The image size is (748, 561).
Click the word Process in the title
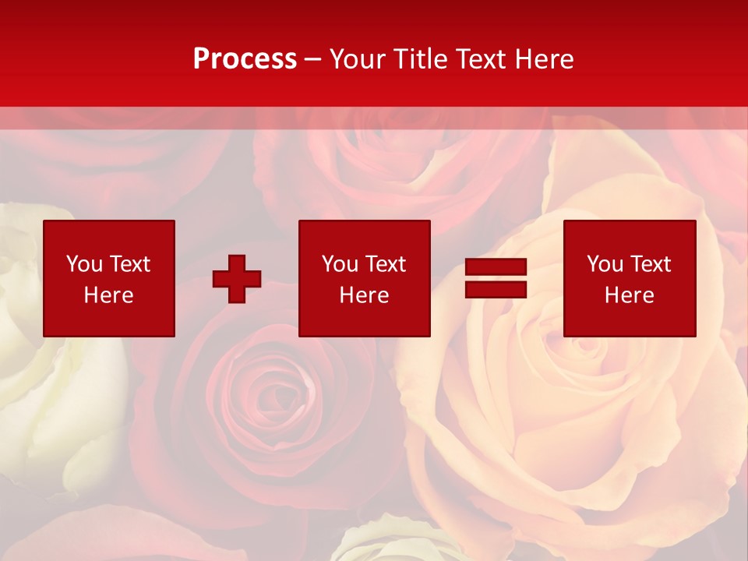point(245,59)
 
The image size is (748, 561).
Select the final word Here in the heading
point(545,59)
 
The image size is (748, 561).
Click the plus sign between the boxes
point(237,279)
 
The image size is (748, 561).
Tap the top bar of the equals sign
point(496,267)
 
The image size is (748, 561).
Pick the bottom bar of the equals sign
point(496,289)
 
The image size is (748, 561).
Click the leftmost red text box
point(108,278)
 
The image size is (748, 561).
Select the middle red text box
point(364,278)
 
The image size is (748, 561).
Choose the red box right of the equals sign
point(629,278)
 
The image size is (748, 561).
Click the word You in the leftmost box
point(84,264)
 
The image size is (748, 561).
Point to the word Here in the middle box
point(364,295)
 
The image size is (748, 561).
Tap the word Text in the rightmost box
point(650,264)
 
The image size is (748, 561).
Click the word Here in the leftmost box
point(108,295)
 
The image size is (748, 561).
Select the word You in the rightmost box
point(605,264)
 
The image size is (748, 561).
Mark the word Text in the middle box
point(385,264)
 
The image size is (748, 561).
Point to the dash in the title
point(313,59)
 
